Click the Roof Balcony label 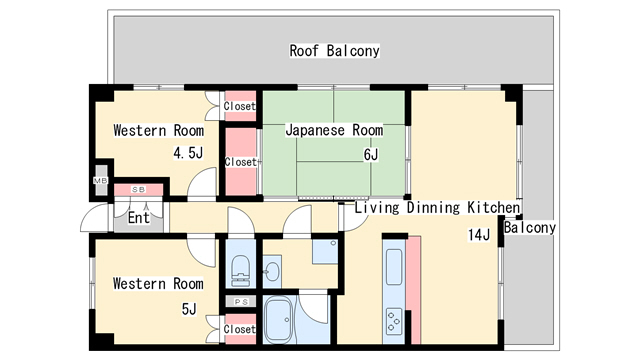click(335, 50)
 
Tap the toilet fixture click(240, 268)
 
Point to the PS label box click(240, 301)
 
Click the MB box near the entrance click(100, 180)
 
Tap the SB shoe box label click(139, 189)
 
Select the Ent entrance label click(138, 217)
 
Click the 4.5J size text click(188, 153)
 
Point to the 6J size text click(370, 154)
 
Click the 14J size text click(479, 235)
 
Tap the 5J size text click(189, 309)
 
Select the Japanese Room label click(334, 131)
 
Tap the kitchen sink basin click(393, 267)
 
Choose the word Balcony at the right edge click(529, 227)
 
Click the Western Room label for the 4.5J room click(158, 131)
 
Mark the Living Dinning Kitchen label click(437, 208)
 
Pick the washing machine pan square click(323, 251)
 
